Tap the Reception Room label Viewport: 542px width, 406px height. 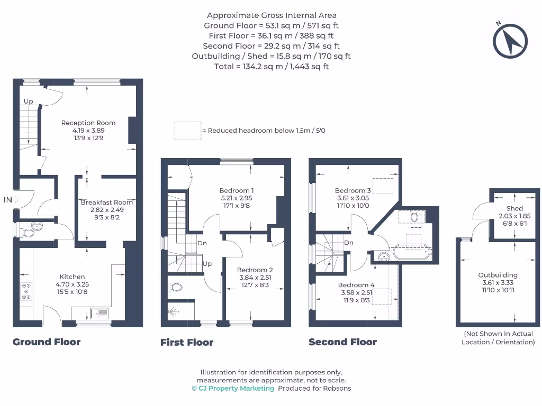[x=88, y=123]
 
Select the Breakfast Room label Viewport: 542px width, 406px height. [x=106, y=202]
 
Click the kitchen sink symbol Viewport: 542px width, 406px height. [x=99, y=313]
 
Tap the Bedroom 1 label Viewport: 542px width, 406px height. [x=237, y=190]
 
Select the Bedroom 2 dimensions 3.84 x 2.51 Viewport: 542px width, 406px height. [x=255, y=278]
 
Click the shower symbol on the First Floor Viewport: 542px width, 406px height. [x=174, y=312]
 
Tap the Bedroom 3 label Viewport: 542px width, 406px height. [x=353, y=190]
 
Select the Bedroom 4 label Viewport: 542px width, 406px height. [x=356, y=285]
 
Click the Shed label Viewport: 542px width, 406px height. [x=514, y=209]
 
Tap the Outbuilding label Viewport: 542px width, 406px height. [x=498, y=275]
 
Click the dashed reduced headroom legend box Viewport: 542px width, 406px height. [x=187, y=131]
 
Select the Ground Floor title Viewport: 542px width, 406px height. [x=47, y=342]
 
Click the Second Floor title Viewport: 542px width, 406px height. [x=342, y=342]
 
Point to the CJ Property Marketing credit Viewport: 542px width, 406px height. [x=233, y=388]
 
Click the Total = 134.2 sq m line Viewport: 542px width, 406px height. [x=271, y=66]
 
